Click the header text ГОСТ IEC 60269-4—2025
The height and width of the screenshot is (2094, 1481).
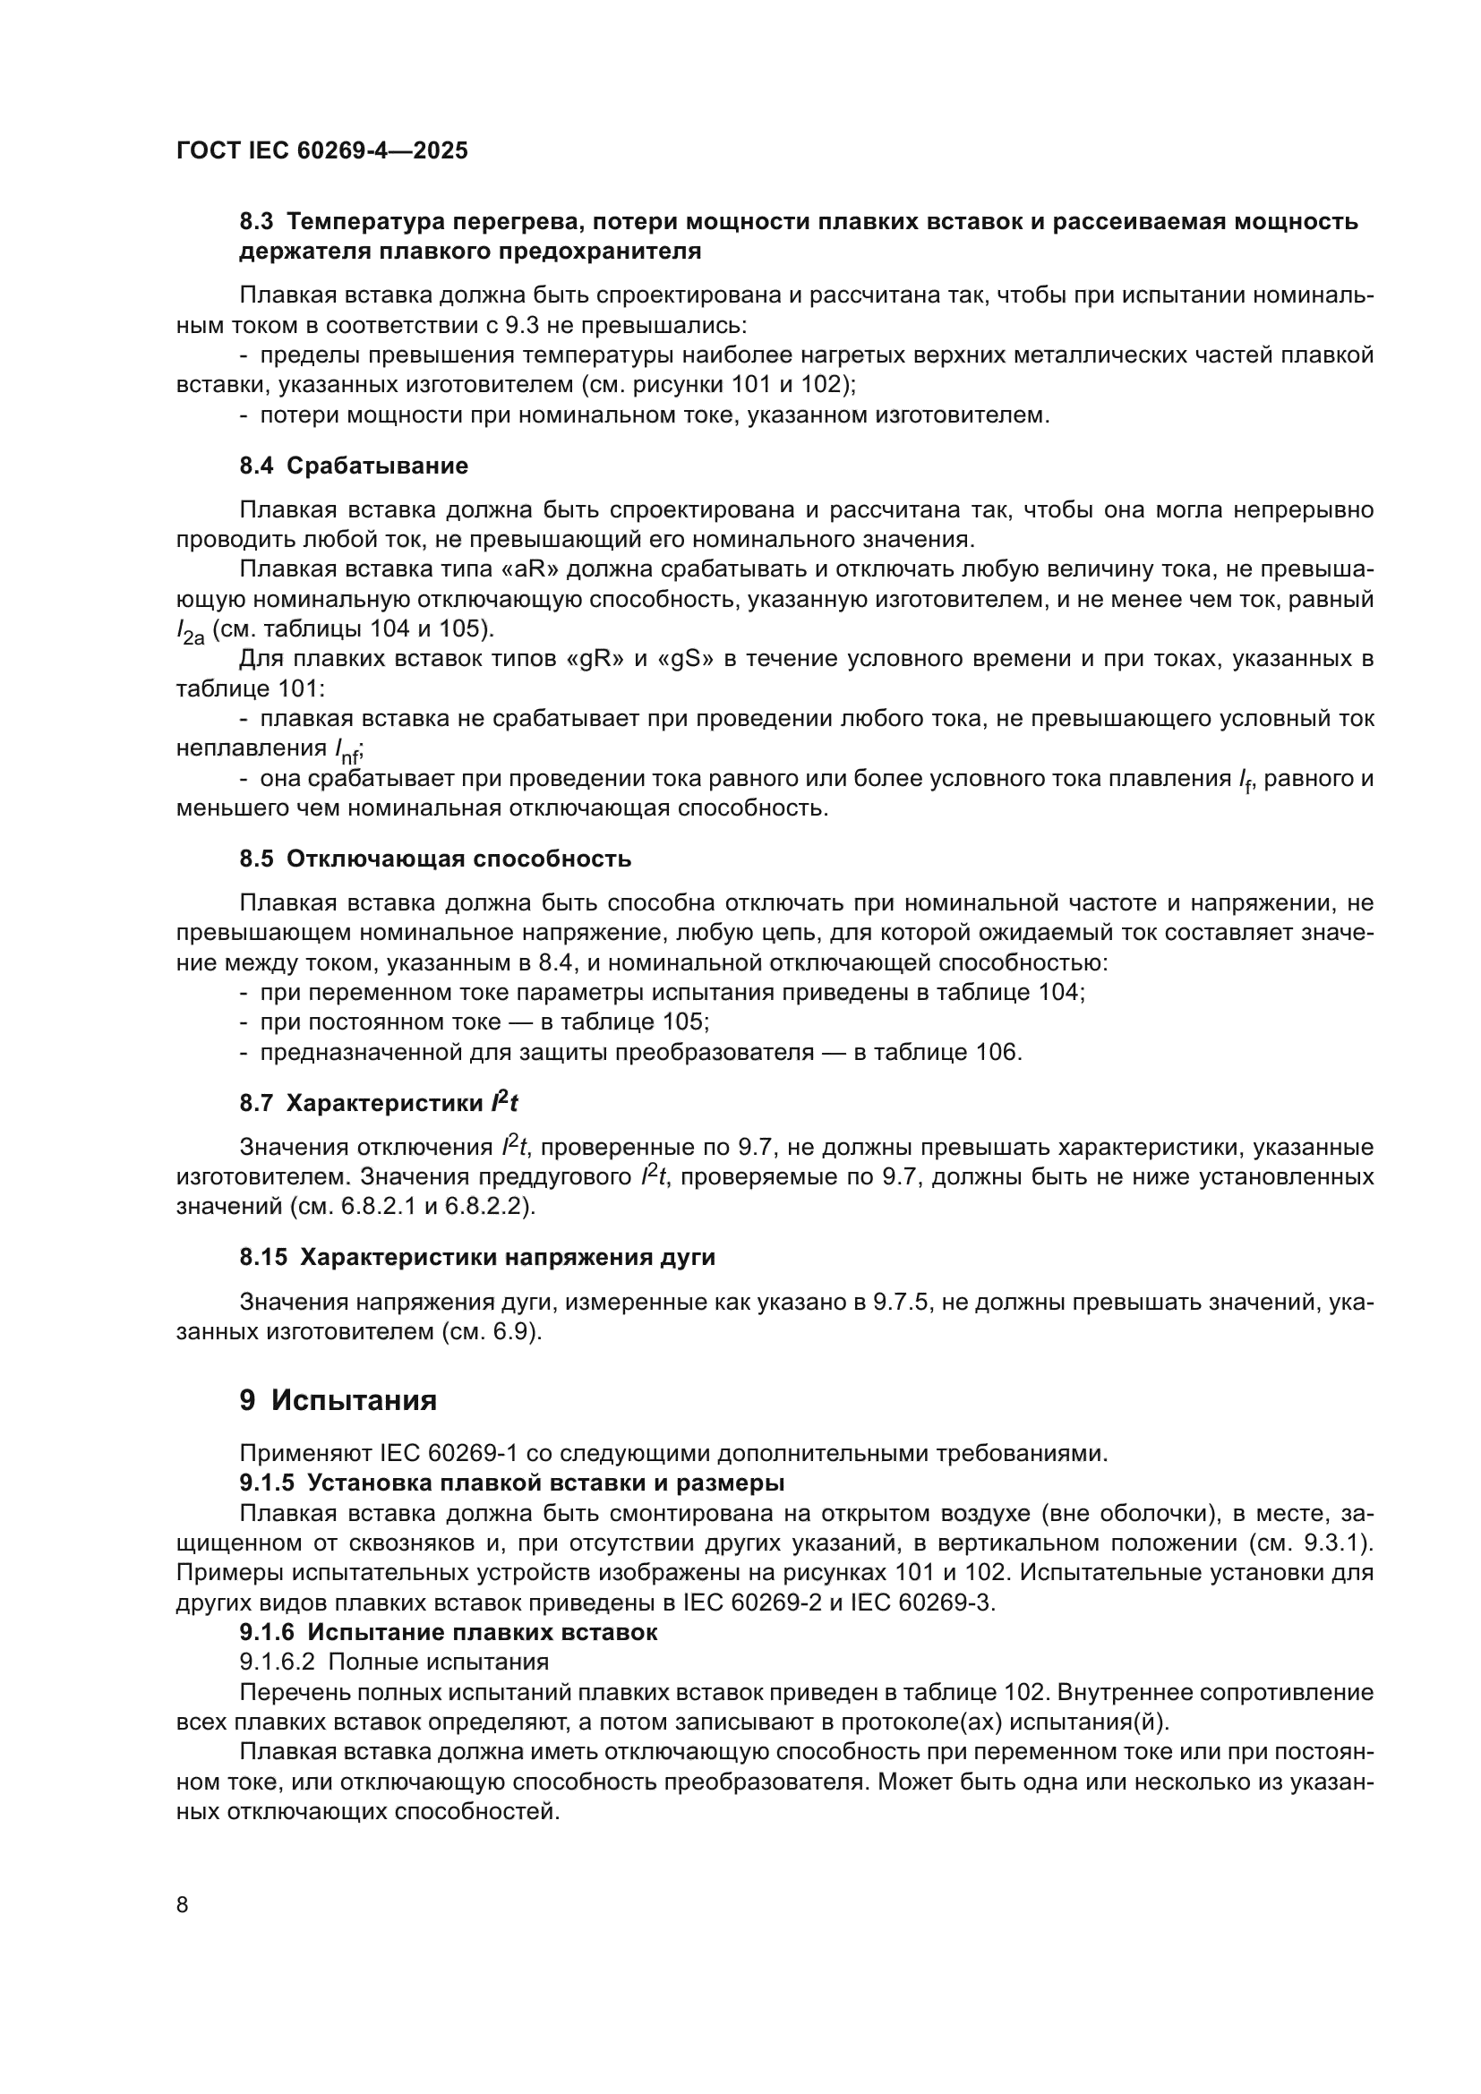[321, 151]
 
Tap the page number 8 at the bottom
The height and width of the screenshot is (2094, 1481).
[183, 1905]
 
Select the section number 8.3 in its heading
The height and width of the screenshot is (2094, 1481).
[256, 222]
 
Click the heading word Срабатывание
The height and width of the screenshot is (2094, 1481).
[377, 466]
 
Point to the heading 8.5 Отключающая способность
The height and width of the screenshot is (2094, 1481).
[435, 859]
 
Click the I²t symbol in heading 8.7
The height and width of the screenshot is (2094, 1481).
[503, 1103]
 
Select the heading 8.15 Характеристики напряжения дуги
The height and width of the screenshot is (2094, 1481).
[477, 1258]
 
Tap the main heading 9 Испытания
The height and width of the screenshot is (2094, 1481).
[338, 1400]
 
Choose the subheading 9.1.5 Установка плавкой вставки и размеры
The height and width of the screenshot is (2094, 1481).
[511, 1483]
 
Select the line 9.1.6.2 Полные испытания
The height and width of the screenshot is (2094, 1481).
[394, 1662]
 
